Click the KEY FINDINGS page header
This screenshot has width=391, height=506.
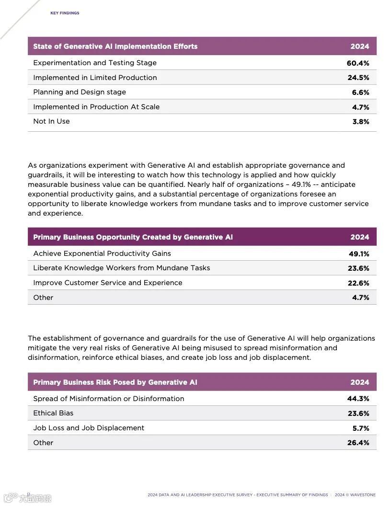[x=65, y=13]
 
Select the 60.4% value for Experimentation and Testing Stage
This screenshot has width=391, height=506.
[x=358, y=63]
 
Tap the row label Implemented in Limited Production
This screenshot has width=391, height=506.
[x=95, y=78]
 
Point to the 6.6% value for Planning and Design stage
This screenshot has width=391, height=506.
[x=360, y=92]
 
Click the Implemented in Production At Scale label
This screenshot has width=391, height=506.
[x=96, y=107]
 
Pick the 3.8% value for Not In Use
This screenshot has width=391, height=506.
[x=360, y=122]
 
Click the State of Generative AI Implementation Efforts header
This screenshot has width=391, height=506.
[x=115, y=46]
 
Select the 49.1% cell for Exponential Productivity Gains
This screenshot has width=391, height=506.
[x=358, y=254]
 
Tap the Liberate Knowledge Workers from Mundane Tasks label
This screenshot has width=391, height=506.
[x=121, y=268]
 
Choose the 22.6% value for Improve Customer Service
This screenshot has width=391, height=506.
[x=358, y=283]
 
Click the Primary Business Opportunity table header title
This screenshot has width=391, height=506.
[x=133, y=237]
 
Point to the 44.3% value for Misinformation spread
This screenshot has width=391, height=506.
[x=358, y=399]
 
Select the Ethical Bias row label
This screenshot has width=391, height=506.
[x=53, y=413]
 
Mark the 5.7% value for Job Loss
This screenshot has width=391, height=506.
[x=360, y=428]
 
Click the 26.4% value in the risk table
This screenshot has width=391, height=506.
[x=358, y=443]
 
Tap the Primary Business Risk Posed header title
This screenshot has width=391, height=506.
[x=115, y=382]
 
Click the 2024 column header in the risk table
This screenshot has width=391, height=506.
[x=359, y=382]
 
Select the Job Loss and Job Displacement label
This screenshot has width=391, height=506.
[x=89, y=428]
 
